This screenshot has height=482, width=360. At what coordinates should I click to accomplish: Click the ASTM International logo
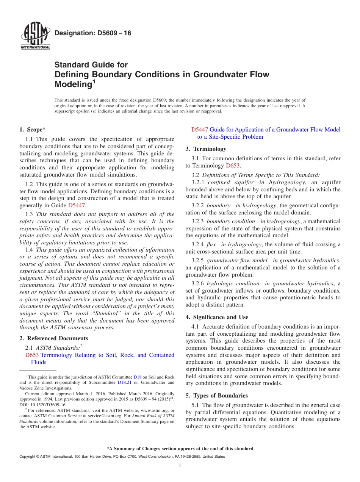(35, 36)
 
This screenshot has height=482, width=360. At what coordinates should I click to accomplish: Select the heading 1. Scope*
(33, 130)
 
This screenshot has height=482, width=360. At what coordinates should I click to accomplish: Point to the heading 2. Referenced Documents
(53, 338)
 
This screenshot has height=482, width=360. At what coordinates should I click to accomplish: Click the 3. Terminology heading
(206, 149)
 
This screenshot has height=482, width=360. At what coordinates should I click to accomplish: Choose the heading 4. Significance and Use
(217, 317)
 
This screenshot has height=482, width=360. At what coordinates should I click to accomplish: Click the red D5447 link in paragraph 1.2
(77, 205)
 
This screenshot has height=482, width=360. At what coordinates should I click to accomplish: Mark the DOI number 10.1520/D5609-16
(45, 405)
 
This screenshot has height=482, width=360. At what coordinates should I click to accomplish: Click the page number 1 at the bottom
(180, 466)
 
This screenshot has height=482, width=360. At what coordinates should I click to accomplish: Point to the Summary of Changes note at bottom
(180, 449)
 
